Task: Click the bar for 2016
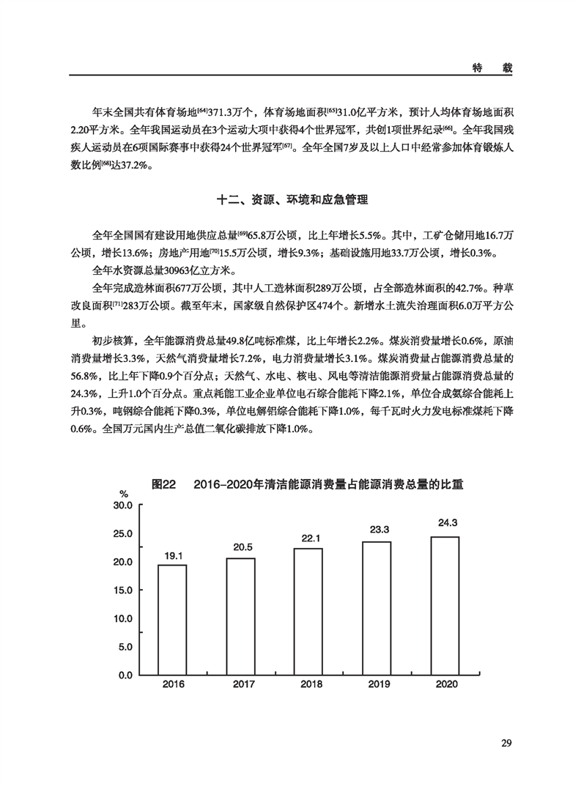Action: pos(172,619)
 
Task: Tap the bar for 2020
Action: pos(445,604)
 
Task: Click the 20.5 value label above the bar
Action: pos(240,547)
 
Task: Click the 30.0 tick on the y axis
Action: pos(122,505)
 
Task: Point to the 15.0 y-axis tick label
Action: pos(122,590)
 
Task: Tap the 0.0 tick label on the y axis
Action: pos(125,674)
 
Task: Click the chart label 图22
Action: pos(165,485)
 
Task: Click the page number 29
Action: pos(505,744)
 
